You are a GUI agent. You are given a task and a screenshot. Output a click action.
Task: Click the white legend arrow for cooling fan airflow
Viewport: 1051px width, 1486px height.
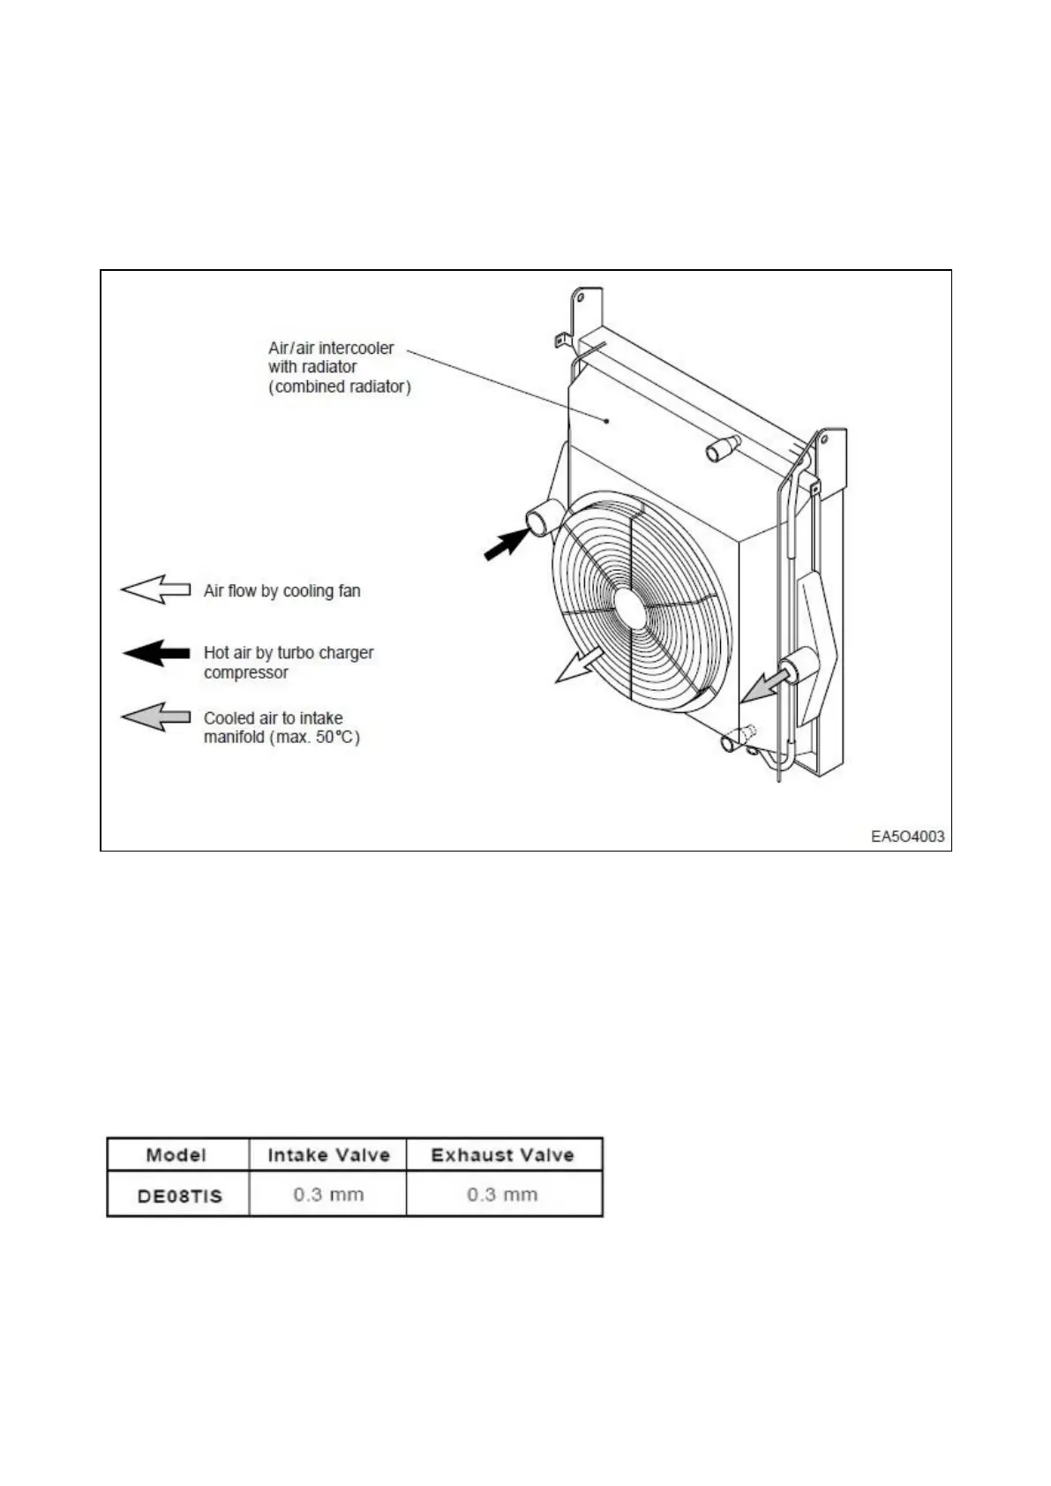[155, 589]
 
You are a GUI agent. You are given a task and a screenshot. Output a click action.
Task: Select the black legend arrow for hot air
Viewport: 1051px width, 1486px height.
[155, 654]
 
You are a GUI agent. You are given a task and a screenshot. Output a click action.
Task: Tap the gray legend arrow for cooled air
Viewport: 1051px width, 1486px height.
[155, 717]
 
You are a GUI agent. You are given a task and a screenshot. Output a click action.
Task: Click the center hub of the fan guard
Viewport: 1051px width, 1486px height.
[630, 607]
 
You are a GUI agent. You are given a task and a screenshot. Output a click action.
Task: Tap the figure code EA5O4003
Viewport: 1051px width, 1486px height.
[907, 837]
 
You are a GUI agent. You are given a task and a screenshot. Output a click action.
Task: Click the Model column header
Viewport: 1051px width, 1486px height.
[176, 1155]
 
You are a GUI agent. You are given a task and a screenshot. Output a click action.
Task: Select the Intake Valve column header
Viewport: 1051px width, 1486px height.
[328, 1155]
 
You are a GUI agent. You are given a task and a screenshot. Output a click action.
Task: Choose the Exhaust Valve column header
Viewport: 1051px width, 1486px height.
[502, 1155]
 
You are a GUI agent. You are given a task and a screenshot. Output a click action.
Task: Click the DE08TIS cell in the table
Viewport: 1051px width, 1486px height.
[179, 1196]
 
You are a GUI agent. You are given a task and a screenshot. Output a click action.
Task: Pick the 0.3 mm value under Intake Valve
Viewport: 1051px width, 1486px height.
[328, 1195]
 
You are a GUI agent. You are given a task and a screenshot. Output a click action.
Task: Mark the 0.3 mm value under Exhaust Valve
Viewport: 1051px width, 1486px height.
[502, 1195]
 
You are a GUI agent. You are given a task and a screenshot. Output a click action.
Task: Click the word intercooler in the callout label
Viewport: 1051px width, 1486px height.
[357, 348]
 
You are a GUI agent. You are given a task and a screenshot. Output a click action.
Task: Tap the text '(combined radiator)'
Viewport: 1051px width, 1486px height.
[340, 387]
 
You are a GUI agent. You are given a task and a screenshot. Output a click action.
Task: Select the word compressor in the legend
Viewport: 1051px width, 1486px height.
[245, 672]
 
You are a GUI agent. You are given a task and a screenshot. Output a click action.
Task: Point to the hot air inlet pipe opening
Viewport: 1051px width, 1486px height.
[537, 522]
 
